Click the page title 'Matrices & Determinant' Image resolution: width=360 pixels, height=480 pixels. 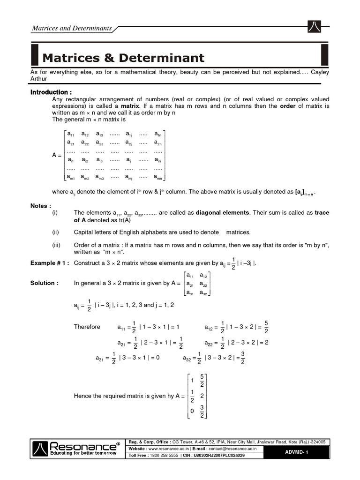(x=123, y=58)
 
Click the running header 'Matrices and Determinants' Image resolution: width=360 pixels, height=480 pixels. (x=72, y=28)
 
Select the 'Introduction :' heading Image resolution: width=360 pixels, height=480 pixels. (x=51, y=92)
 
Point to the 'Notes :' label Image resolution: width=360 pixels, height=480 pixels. (x=41, y=206)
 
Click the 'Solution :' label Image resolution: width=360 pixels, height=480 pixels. (x=45, y=283)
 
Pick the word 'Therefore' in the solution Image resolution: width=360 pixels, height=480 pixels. (x=87, y=327)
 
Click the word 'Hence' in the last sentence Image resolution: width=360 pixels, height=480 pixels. (x=83, y=396)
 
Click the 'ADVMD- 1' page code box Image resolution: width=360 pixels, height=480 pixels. (x=297, y=451)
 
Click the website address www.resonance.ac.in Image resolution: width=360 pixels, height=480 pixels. (x=170, y=449)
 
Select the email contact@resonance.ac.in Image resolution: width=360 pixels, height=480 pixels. (x=238, y=449)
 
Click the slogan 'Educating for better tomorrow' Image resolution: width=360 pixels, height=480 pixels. (x=77, y=454)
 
